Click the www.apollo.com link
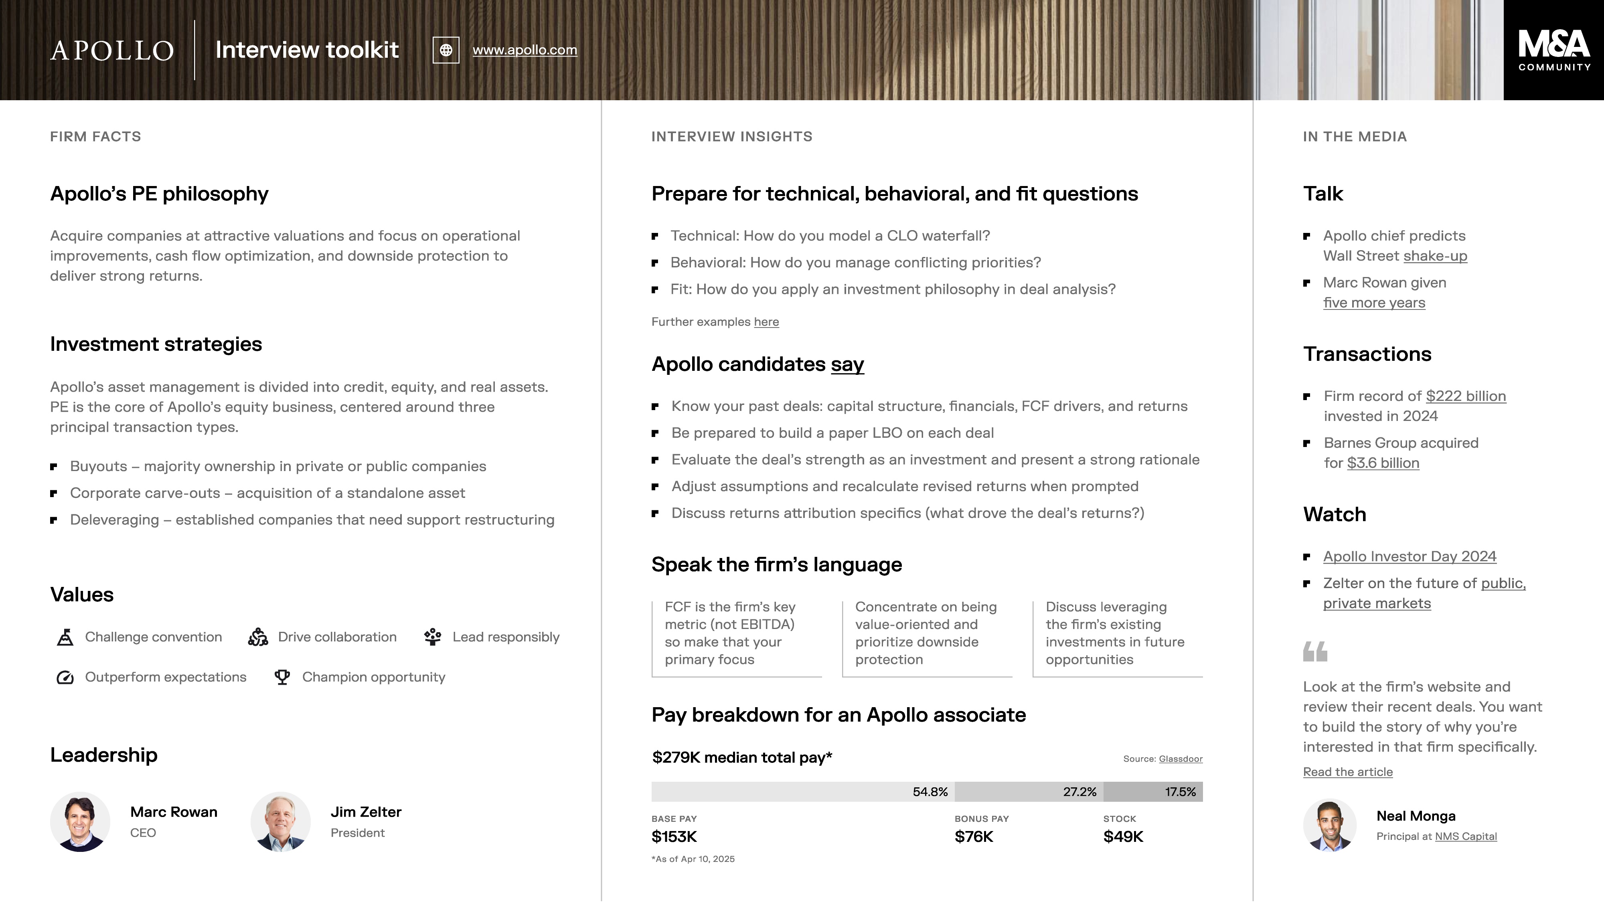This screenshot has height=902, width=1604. click(524, 50)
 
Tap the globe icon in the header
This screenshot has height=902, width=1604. click(446, 50)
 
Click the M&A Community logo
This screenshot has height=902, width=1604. click(1553, 50)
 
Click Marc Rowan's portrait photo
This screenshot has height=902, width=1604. click(80, 822)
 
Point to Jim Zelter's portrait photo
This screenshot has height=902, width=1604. click(281, 822)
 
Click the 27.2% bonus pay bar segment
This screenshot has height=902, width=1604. click(1029, 792)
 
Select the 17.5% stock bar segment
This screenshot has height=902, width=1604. click(1152, 792)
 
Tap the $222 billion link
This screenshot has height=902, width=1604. click(1466, 396)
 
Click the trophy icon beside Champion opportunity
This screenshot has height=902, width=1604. click(282, 677)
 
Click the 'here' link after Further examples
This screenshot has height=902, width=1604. click(766, 322)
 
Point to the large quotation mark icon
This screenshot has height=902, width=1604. click(1315, 651)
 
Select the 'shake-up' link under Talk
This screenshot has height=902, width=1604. click(1435, 256)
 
